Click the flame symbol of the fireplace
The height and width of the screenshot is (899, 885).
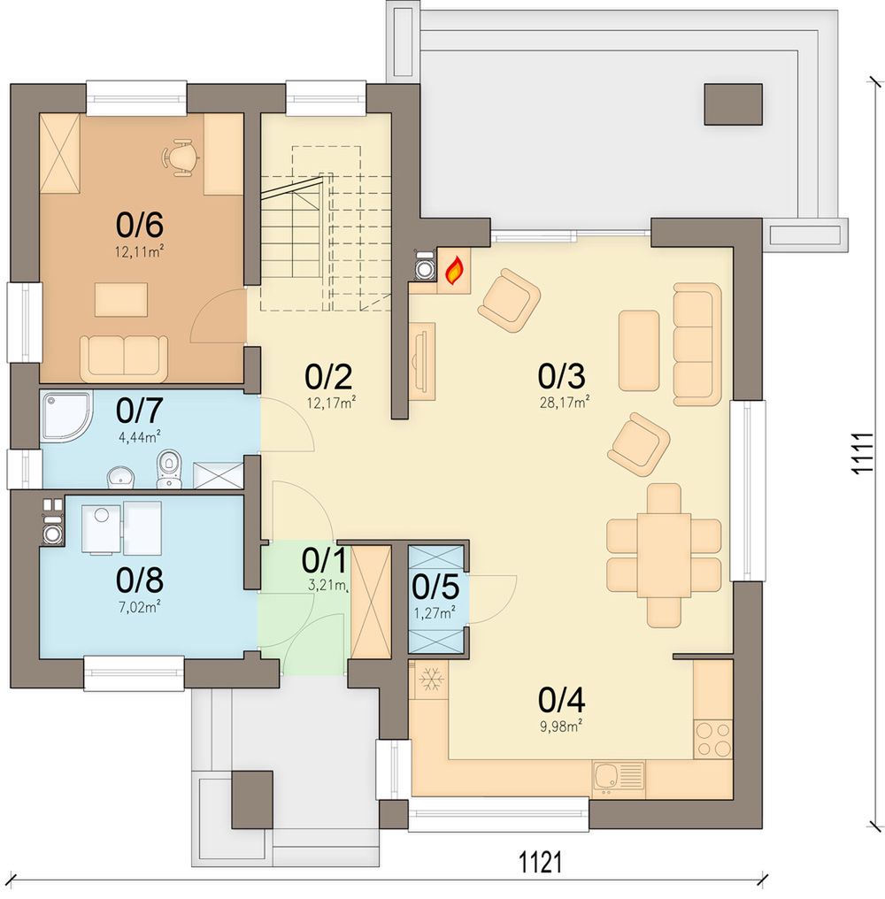(x=454, y=270)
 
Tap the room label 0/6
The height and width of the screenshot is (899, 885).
(x=139, y=224)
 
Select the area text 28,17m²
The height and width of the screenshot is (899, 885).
(x=564, y=402)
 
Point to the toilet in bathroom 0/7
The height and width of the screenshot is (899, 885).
(x=167, y=469)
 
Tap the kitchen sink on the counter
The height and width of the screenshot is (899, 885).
(x=619, y=778)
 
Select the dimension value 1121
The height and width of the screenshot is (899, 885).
(x=540, y=862)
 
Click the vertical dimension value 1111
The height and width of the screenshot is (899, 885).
(x=862, y=453)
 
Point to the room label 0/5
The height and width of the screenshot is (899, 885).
(x=435, y=587)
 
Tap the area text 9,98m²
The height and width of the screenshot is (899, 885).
(x=561, y=726)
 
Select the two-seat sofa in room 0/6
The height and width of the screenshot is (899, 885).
(x=124, y=359)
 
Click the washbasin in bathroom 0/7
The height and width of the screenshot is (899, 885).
(x=121, y=477)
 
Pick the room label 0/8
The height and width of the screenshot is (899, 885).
(x=139, y=580)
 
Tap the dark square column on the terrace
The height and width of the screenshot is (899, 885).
(x=733, y=104)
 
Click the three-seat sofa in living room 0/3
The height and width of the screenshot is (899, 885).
(x=696, y=344)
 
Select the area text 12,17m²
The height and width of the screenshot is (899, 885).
(x=331, y=403)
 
